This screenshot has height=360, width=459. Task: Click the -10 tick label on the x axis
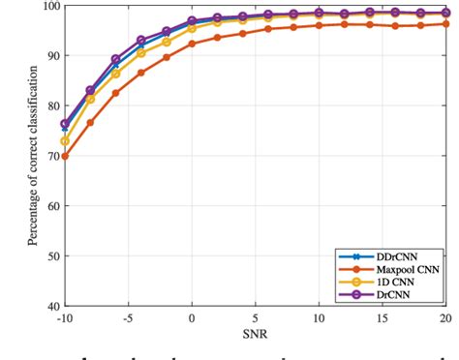(64, 317)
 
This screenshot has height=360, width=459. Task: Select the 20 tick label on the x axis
(445, 317)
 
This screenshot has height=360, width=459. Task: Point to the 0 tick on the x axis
(192, 317)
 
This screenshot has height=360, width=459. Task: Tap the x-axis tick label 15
(382, 317)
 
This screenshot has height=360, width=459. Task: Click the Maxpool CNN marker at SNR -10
(65, 156)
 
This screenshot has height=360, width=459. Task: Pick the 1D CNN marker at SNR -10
(65, 140)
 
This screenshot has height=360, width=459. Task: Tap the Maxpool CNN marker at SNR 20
(446, 24)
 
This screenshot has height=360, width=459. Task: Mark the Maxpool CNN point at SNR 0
(192, 44)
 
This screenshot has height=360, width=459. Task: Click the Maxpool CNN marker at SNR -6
(116, 93)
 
